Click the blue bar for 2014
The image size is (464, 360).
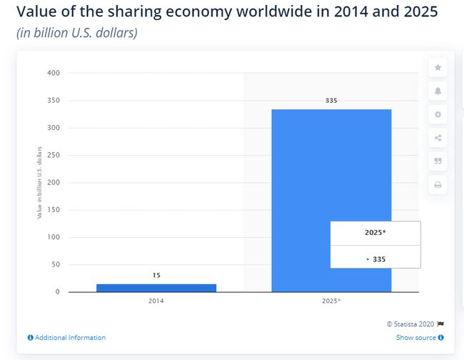[x=156, y=287]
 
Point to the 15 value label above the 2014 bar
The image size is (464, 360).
[x=156, y=275]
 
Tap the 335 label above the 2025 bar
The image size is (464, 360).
[x=331, y=101]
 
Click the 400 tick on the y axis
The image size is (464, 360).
[x=54, y=73]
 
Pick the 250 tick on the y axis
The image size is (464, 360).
[x=54, y=155]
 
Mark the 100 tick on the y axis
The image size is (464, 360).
[x=54, y=237]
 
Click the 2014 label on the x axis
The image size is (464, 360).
[x=156, y=301]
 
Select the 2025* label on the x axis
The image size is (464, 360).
[x=331, y=301]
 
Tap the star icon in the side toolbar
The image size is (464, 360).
[x=438, y=68]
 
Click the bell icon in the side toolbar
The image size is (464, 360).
[x=438, y=91]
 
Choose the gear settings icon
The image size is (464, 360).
[x=438, y=114]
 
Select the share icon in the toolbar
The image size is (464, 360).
[x=438, y=138]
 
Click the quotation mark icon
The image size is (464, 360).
[x=438, y=161]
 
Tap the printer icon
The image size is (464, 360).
[x=438, y=185]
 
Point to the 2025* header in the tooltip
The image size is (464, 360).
[x=375, y=233]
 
